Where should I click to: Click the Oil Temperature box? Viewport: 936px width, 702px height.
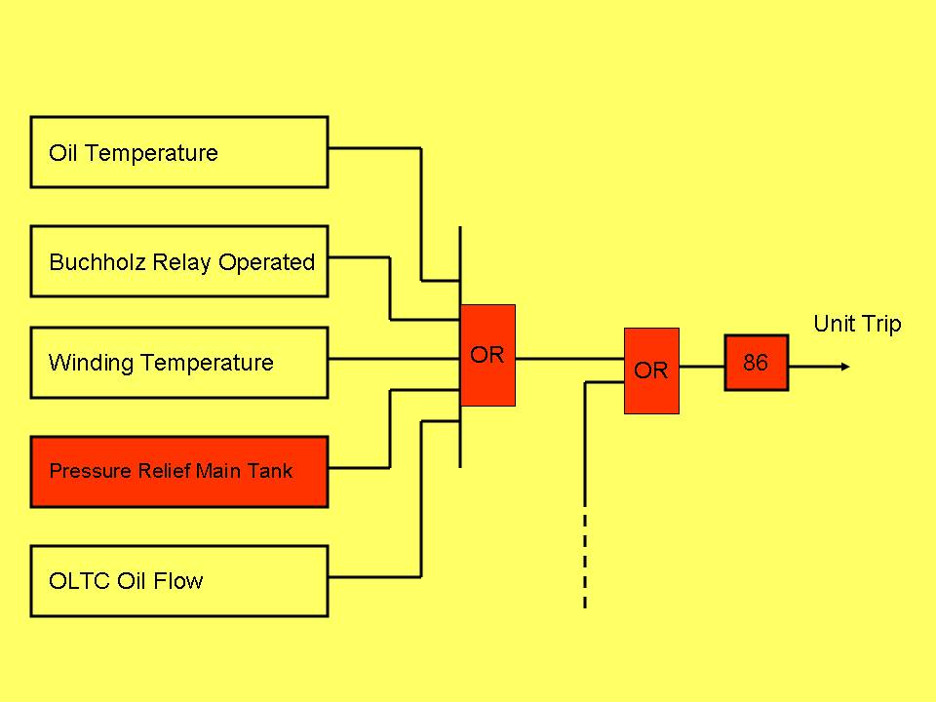[179, 152]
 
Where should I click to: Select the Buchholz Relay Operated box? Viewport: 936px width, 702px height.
[179, 261]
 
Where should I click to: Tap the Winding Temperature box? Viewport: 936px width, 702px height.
[179, 363]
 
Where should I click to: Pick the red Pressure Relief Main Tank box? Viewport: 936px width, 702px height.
[179, 472]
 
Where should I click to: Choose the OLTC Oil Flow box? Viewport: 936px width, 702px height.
[179, 581]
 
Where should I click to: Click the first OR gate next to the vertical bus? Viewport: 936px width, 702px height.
[487, 355]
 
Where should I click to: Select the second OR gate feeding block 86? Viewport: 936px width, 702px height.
[651, 370]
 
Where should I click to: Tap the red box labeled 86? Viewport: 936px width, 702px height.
[756, 363]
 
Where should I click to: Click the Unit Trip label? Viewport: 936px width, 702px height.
[857, 324]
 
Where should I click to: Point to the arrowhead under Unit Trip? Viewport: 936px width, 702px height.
[843, 367]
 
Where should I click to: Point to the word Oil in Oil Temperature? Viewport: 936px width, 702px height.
[60, 153]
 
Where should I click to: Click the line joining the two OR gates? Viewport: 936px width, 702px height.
[569, 359]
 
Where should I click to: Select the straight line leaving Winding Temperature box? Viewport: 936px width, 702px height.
[394, 359]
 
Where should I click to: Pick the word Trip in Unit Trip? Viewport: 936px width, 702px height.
[881, 324]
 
